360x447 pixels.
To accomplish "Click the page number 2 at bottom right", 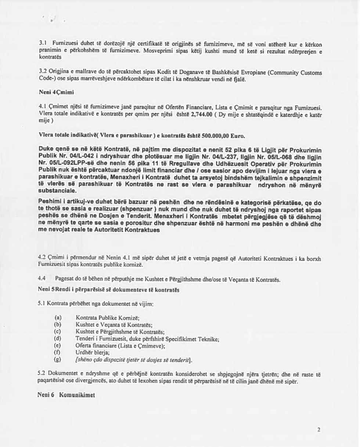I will coord(319,429).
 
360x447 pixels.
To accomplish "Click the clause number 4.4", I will coord(43,280).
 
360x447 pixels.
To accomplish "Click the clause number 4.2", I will coord(43,259).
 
